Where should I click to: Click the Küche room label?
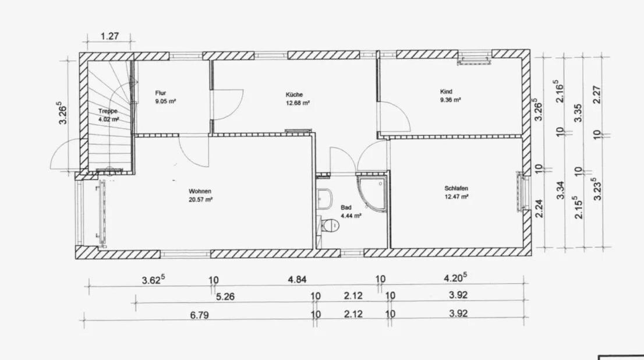tap(294, 94)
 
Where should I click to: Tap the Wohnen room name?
tap(200, 191)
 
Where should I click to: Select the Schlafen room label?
tap(457, 188)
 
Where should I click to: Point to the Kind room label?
tap(446, 91)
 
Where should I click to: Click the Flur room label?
tap(161, 93)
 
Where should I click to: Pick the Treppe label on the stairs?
tap(108, 111)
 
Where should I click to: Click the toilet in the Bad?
tap(330, 225)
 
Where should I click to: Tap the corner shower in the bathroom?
tap(372, 194)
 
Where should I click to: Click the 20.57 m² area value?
tap(201, 200)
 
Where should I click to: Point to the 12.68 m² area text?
tap(298, 103)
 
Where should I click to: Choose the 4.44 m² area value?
tap(351, 216)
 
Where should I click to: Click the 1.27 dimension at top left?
tap(109, 36)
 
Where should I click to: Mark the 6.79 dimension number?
tap(199, 315)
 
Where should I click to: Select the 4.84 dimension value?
tap(297, 280)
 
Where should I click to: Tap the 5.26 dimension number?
tap(225, 297)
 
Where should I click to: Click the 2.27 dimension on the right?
tap(597, 94)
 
